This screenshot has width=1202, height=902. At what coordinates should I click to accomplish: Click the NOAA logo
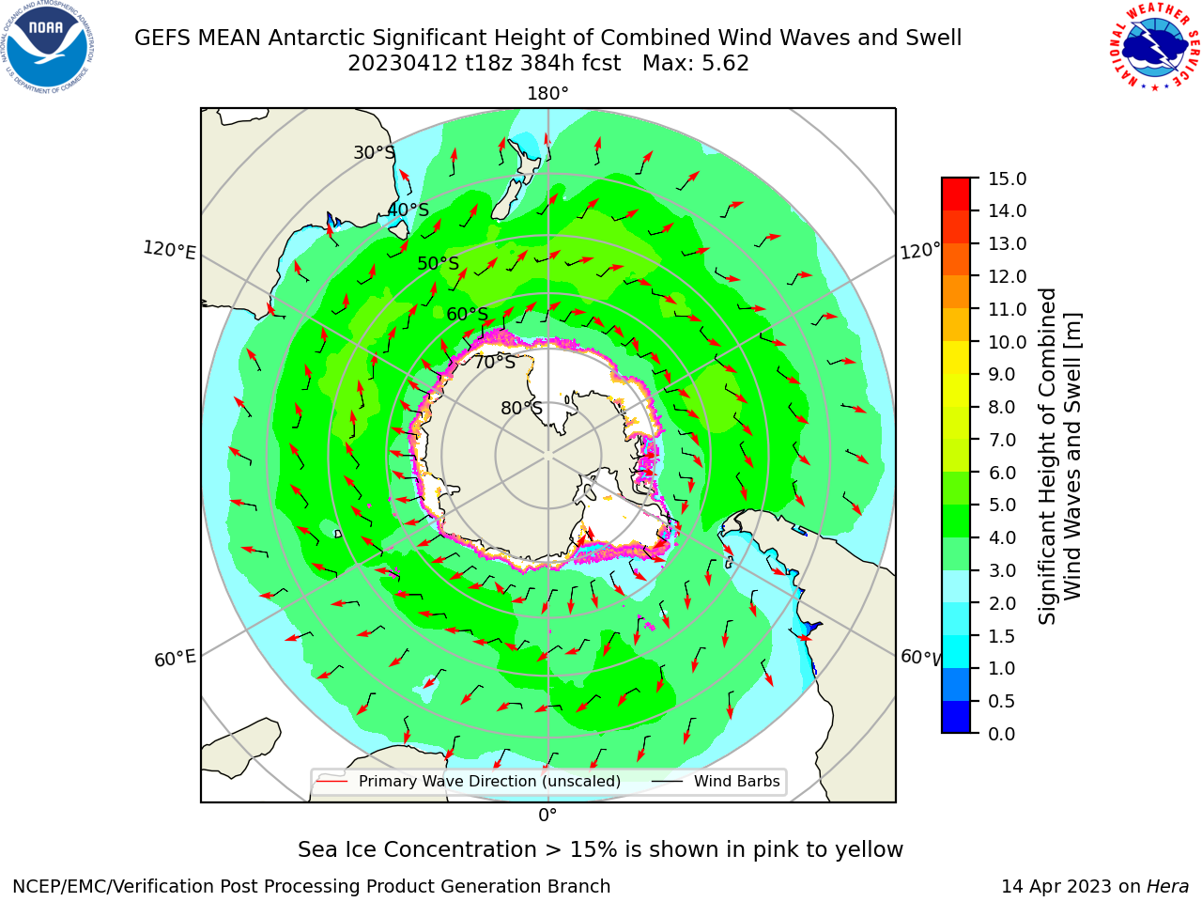(x=48, y=46)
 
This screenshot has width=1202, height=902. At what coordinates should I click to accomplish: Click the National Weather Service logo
(x=1153, y=47)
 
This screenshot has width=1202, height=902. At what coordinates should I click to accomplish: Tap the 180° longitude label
(x=547, y=94)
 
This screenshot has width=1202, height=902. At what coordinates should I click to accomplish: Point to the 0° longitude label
(x=547, y=816)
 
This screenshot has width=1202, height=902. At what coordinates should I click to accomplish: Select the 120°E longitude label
(x=169, y=250)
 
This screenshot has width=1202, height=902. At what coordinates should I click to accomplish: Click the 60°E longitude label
(x=175, y=658)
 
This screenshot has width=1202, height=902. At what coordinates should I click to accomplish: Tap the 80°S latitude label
(x=521, y=408)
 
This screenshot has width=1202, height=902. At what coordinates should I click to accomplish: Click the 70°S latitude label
(x=495, y=362)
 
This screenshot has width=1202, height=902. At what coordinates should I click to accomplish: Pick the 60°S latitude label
(x=467, y=314)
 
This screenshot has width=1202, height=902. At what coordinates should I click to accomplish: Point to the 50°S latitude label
(x=439, y=263)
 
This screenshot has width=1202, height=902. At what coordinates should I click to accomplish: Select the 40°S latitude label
(x=408, y=210)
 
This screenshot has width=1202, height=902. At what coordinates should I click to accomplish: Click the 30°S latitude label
(x=374, y=152)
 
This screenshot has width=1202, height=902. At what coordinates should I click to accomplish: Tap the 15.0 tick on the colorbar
(x=1007, y=179)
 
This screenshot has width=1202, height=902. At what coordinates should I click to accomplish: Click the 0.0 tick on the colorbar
(x=1002, y=734)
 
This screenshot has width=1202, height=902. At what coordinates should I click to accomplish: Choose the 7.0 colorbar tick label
(x=1002, y=440)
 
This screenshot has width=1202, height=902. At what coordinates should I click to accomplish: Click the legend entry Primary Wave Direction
(x=469, y=781)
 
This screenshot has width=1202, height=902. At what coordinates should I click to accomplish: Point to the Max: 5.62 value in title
(x=696, y=64)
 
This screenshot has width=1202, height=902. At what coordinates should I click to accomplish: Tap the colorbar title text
(x=1059, y=457)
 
